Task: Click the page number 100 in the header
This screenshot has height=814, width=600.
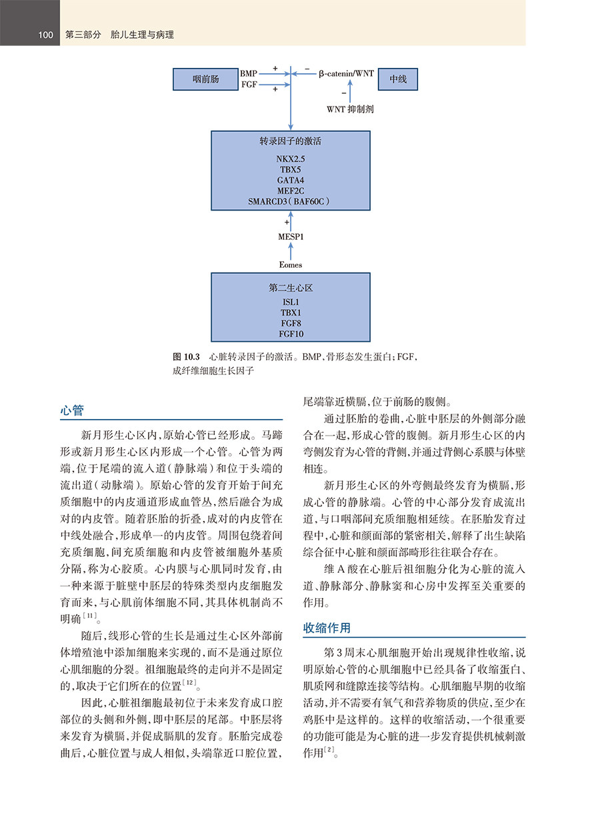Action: click(46, 35)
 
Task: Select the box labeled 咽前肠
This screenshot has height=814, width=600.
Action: click(205, 79)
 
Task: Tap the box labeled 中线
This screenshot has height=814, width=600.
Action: click(397, 79)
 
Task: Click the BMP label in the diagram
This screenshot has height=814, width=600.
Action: click(249, 73)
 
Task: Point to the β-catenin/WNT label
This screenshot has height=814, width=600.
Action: click(345, 73)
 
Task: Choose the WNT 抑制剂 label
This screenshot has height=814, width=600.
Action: click(349, 109)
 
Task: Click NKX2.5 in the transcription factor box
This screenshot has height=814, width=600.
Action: click(290, 159)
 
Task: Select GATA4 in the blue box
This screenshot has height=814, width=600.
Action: click(290, 180)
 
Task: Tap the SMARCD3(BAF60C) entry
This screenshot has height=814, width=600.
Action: click(290, 201)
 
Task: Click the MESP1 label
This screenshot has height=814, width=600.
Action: click(291, 236)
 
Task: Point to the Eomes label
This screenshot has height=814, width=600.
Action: click(291, 264)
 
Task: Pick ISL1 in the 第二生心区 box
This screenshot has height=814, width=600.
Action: click(291, 302)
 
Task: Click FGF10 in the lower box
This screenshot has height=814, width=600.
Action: click(291, 334)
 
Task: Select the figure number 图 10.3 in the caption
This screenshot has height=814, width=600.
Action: click(187, 357)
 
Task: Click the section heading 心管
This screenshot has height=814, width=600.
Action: click(71, 410)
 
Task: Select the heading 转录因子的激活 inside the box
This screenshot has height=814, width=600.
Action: click(291, 142)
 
